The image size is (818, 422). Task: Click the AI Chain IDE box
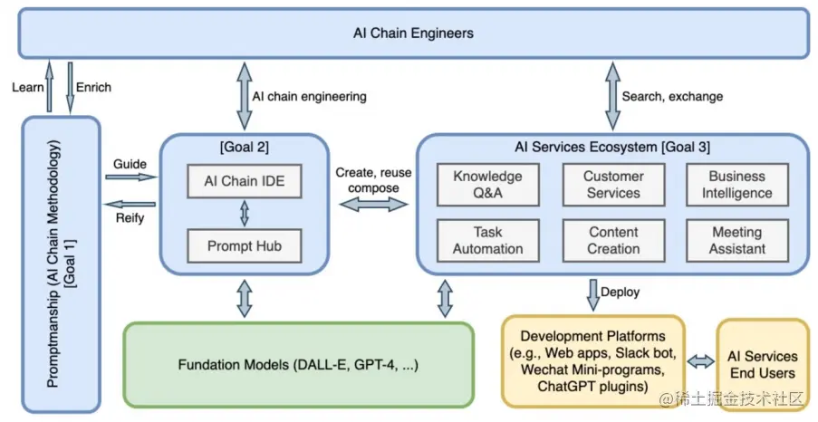pyautogui.click(x=243, y=181)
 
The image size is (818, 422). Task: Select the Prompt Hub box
pyautogui.click(x=243, y=245)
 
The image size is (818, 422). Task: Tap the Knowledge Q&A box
pyautogui.click(x=487, y=185)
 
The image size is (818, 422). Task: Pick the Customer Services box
pyautogui.click(x=613, y=185)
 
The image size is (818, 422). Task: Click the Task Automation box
pyautogui.click(x=487, y=240)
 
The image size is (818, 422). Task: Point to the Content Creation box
pyautogui.click(x=613, y=240)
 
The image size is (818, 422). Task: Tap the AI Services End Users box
pyautogui.click(x=762, y=363)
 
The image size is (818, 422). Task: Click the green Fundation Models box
pyautogui.click(x=298, y=364)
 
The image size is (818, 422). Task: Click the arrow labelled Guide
pyautogui.click(x=130, y=177)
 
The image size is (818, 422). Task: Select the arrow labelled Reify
pyautogui.click(x=130, y=203)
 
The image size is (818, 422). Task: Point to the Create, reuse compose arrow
pyautogui.click(x=372, y=206)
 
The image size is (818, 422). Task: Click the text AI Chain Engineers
pyautogui.click(x=413, y=34)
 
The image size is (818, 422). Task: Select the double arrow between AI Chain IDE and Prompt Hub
pyautogui.click(x=243, y=214)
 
